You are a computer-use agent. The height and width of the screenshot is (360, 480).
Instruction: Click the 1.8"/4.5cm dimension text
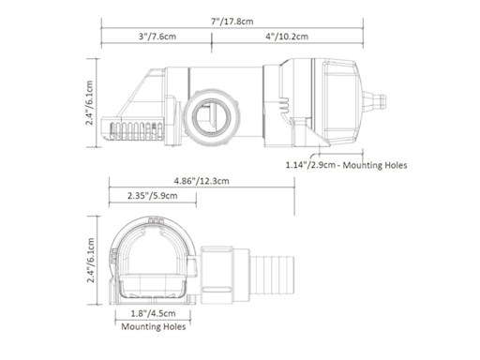point(153,313)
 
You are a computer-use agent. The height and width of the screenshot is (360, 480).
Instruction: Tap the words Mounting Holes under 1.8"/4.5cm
point(153,327)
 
